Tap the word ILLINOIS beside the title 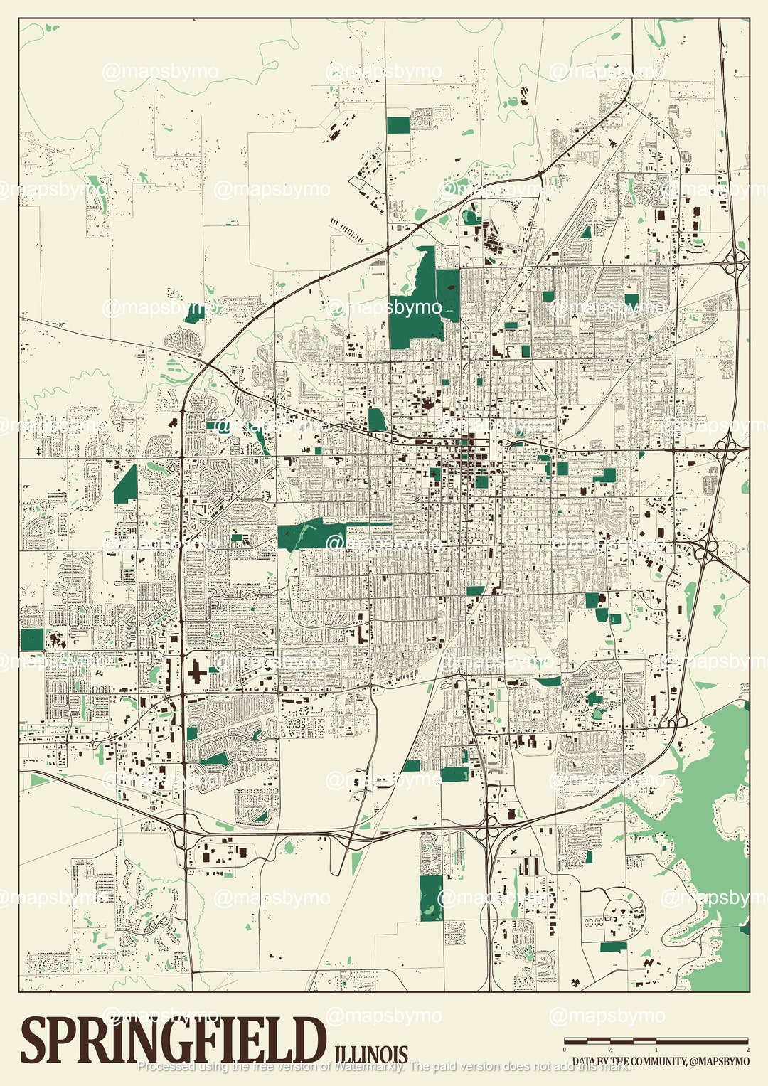click(x=370, y=1054)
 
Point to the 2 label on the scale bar click(x=747, y=1050)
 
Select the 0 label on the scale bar click(x=565, y=1050)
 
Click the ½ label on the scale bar click(x=610, y=1050)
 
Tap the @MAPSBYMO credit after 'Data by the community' click(x=718, y=1061)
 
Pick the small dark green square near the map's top click(x=398, y=125)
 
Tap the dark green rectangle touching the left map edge click(x=32, y=639)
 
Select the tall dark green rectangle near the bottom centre click(x=430, y=898)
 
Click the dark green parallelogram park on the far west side click(x=126, y=484)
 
